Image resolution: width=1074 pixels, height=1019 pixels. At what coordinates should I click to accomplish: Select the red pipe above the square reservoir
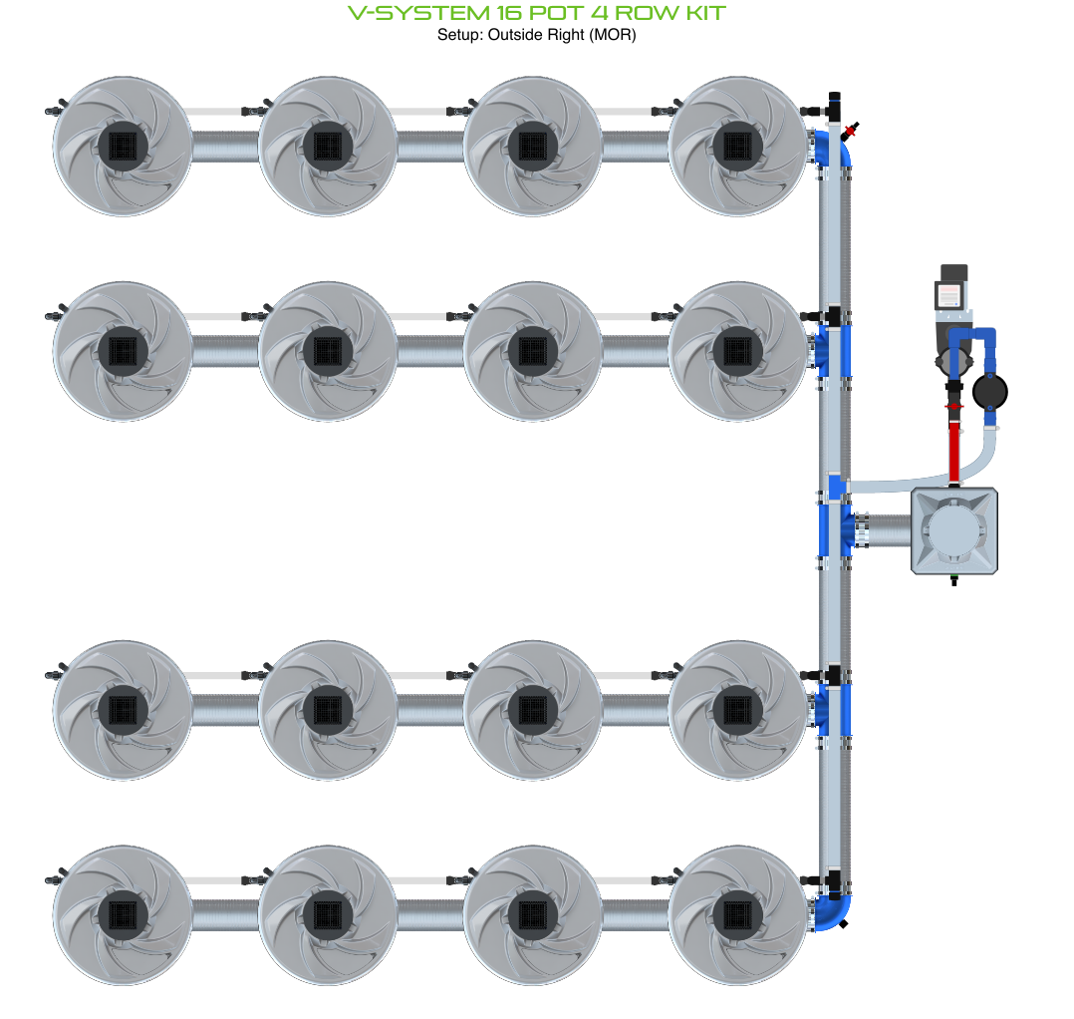pyautogui.click(x=955, y=451)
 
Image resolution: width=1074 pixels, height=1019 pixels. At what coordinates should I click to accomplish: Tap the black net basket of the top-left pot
pyautogui.click(x=123, y=147)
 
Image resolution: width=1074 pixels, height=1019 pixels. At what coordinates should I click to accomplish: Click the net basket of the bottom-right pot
pyautogui.click(x=737, y=914)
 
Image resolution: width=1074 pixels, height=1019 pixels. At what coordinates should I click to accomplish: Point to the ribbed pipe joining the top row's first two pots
pyautogui.click(x=225, y=147)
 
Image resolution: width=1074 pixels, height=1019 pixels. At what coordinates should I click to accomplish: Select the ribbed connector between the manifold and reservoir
pyautogui.click(x=882, y=529)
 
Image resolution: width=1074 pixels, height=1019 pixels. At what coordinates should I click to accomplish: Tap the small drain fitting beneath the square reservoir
pyautogui.click(x=954, y=579)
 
